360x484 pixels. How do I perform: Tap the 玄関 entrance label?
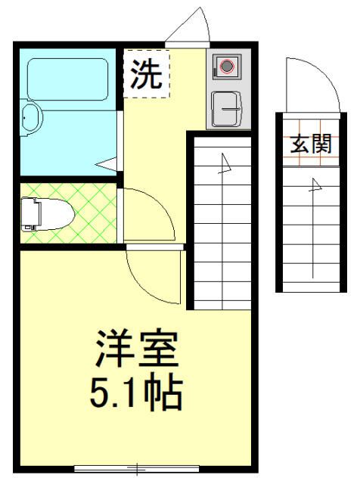click(x=310, y=144)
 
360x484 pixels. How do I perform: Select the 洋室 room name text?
click(x=136, y=349)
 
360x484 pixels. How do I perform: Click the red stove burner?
click(x=226, y=67)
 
